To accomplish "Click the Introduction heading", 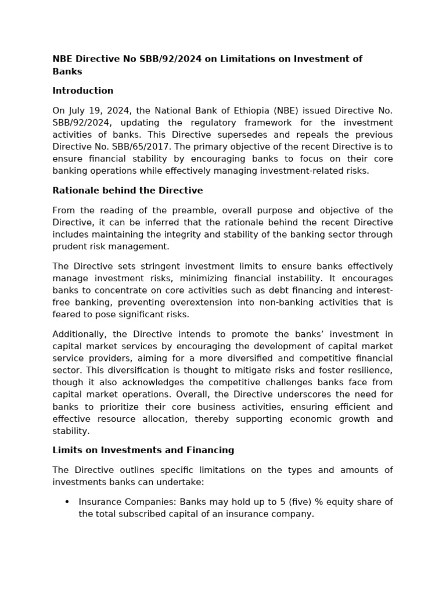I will pos(82,91).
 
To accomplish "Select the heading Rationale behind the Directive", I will pos(128,191).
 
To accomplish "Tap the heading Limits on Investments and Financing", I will pos(143,450).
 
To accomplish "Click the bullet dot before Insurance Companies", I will pos(67,502).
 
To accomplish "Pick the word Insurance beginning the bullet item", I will pos(99,502).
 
